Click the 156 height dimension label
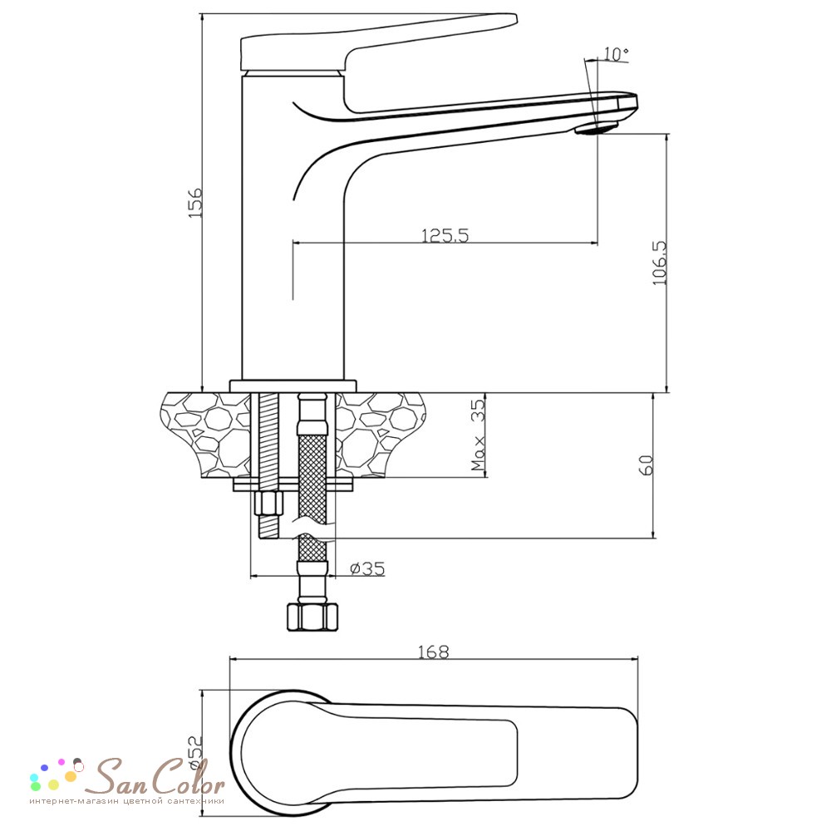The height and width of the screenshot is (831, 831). click(195, 202)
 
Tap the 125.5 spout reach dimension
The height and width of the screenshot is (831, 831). click(445, 235)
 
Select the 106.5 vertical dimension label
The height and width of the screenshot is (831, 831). click(659, 263)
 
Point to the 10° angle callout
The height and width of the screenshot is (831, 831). click(616, 53)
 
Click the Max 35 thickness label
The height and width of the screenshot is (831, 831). click(478, 435)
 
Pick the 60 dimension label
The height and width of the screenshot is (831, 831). click(647, 465)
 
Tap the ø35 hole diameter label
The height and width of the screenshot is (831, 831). click(367, 568)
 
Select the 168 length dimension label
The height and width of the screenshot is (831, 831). click(434, 652)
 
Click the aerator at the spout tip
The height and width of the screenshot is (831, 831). click(597, 128)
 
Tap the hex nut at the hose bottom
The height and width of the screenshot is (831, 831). click(312, 616)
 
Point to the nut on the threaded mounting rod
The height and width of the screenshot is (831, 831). click(268, 503)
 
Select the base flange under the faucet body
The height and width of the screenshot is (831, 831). click(293, 386)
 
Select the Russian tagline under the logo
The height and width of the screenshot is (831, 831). click(127, 801)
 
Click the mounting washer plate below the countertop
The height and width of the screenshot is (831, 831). click(293, 484)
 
